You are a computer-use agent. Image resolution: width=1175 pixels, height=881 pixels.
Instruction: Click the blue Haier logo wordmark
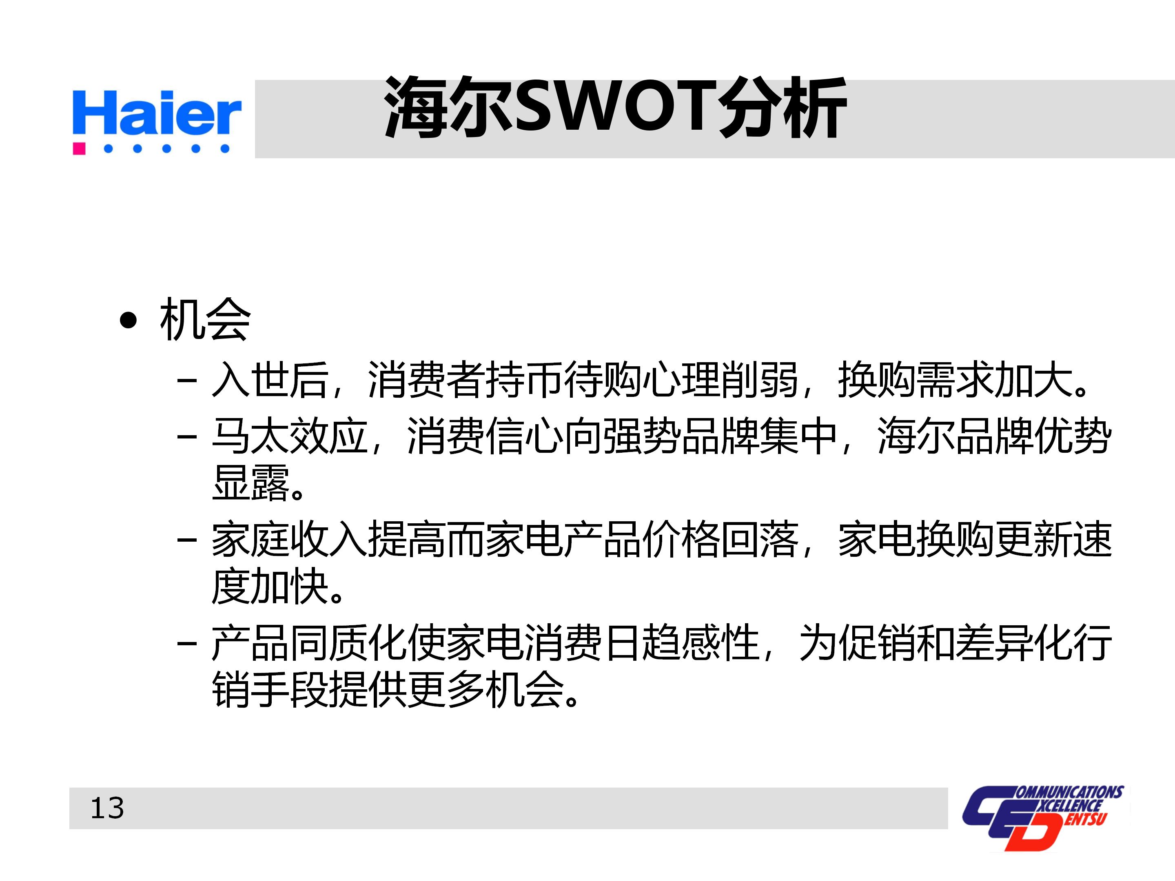[157, 113]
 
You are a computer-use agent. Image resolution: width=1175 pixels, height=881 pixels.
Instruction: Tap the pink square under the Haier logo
[79, 148]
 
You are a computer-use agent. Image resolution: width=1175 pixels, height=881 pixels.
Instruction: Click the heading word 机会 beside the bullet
[204, 320]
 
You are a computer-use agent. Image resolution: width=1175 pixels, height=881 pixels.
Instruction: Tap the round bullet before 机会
[128, 320]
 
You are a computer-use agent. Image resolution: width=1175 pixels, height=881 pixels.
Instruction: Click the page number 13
[107, 808]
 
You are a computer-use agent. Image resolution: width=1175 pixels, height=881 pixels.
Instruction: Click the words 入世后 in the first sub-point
[270, 380]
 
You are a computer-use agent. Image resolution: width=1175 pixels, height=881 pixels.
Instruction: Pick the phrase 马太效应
[290, 436]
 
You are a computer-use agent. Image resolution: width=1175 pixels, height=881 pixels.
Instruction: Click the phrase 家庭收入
[290, 540]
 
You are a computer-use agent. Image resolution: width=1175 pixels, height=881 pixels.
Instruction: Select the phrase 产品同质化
[309, 643]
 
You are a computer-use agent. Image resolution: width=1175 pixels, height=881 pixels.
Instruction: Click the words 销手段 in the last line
[270, 689]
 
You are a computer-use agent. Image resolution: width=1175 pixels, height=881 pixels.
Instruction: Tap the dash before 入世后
[187, 381]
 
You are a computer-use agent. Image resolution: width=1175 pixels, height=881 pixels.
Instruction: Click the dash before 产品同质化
[187, 644]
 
